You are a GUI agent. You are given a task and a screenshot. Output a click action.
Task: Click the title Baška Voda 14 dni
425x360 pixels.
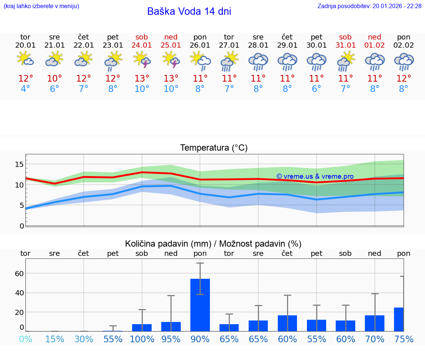pyautogui.click(x=189, y=11)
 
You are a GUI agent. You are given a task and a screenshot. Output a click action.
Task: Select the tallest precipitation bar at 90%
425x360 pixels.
pyautogui.click(x=200, y=305)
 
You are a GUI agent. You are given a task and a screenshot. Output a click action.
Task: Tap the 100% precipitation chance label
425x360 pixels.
pyautogui.click(x=142, y=339)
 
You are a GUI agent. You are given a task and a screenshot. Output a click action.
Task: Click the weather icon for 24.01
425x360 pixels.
pyautogui.click(x=142, y=60)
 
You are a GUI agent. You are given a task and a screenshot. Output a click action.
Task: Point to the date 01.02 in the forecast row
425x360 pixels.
pyautogui.click(x=375, y=45)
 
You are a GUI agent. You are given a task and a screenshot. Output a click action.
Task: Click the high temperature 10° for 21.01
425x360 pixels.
pyautogui.click(x=55, y=78)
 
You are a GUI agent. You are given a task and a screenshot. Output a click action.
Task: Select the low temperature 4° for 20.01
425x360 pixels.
pyautogui.click(x=25, y=89)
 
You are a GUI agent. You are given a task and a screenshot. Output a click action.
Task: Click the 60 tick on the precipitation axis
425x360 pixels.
pyautogui.click(x=19, y=274)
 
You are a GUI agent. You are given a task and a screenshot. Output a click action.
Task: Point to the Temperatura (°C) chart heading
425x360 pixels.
pyautogui.click(x=214, y=148)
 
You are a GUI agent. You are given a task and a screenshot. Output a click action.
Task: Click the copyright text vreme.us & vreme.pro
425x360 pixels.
pyautogui.click(x=315, y=176)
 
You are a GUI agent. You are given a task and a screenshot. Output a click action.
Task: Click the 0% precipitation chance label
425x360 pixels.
pyautogui.click(x=25, y=339)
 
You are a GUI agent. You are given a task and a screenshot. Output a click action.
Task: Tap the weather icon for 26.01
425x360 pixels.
pyautogui.click(x=200, y=60)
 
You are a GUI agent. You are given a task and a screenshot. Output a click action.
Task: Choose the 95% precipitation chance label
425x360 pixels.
pyautogui.click(x=171, y=339)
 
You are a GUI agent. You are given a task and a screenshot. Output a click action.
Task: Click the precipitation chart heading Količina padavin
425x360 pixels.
pyautogui.click(x=213, y=244)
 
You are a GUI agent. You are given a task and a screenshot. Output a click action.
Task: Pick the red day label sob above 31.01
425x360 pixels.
pyautogui.click(x=346, y=37)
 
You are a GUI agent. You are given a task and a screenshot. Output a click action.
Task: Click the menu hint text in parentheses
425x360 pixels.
pyautogui.click(x=41, y=6)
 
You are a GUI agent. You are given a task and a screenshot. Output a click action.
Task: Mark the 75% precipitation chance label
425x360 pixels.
pyautogui.click(x=404, y=339)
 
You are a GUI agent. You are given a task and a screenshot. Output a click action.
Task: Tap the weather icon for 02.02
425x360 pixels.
pyautogui.click(x=404, y=61)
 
